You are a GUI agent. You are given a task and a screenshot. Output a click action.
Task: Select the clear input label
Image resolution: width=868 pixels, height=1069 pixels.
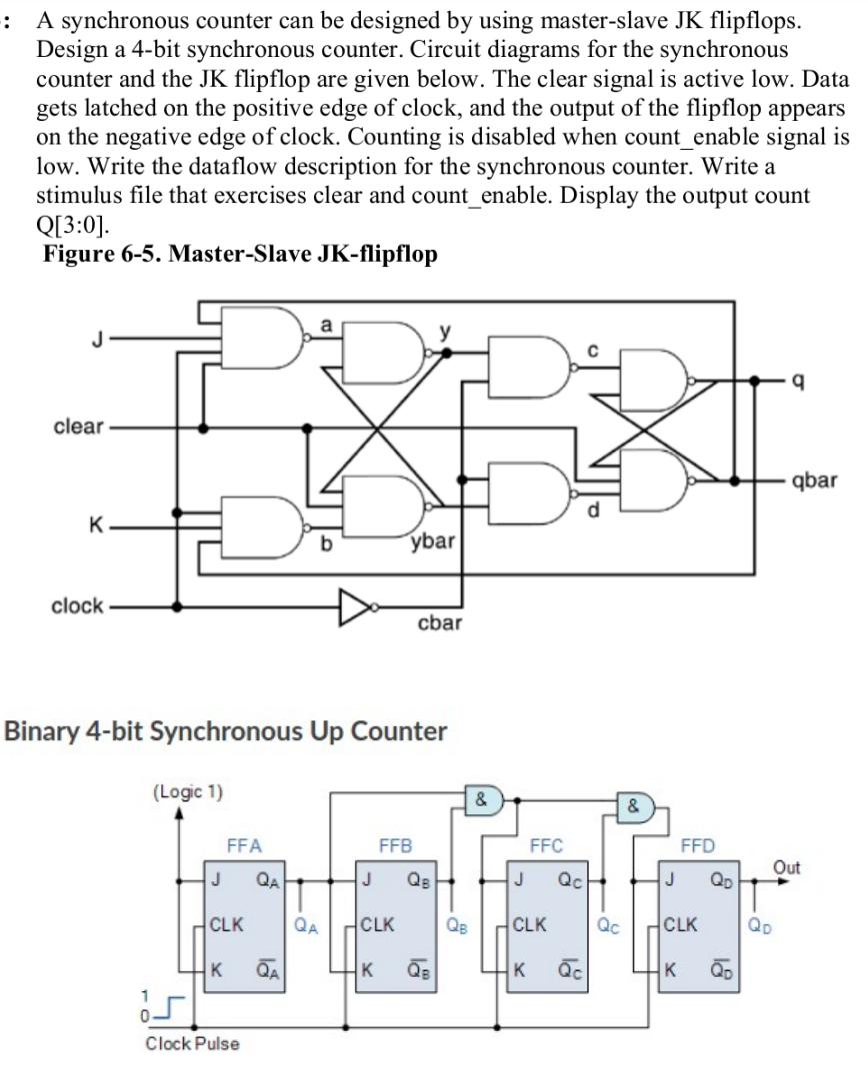(x=78, y=427)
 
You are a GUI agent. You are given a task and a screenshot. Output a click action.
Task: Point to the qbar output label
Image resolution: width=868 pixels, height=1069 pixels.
(x=813, y=481)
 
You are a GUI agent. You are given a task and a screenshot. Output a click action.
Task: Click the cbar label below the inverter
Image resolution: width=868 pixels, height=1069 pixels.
(x=439, y=623)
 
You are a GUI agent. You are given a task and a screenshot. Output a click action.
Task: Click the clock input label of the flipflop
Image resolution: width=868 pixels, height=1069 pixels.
(x=77, y=605)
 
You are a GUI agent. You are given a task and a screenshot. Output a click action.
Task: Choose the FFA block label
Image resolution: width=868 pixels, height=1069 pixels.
(x=244, y=845)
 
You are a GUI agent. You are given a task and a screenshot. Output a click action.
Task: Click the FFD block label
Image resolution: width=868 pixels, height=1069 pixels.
(x=697, y=845)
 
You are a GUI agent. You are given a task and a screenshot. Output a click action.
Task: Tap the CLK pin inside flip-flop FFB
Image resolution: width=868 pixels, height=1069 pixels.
(x=383, y=924)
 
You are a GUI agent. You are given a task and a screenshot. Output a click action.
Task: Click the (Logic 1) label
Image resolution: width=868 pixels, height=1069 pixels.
(x=187, y=792)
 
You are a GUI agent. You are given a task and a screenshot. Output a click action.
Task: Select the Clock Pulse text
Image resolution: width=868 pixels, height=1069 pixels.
(x=192, y=1044)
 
